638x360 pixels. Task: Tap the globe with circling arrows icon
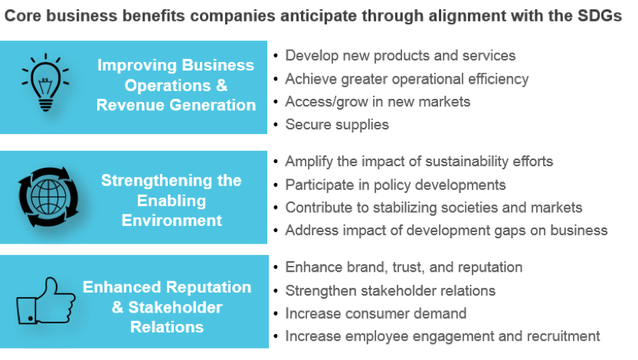(x=48, y=197)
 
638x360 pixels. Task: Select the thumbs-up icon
(x=46, y=301)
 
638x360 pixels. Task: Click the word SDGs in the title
(x=600, y=16)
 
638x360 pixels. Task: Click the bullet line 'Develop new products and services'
(x=401, y=55)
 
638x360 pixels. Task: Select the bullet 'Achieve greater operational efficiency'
(x=407, y=79)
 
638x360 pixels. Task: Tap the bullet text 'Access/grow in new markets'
(x=378, y=102)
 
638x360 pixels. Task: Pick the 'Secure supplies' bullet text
(x=337, y=125)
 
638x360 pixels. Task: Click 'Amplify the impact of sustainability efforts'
(x=419, y=162)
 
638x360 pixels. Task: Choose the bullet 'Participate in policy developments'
(x=395, y=185)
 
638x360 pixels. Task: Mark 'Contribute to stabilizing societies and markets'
(x=434, y=208)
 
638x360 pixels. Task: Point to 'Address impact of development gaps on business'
(x=447, y=231)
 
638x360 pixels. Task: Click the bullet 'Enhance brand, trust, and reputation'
(x=404, y=267)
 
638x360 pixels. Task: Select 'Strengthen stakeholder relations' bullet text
(x=390, y=291)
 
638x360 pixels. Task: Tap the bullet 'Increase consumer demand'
(x=375, y=313)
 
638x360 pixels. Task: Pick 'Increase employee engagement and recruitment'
(x=443, y=336)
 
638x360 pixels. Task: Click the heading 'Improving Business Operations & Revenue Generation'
(x=176, y=85)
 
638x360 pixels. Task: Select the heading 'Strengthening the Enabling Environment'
(x=172, y=201)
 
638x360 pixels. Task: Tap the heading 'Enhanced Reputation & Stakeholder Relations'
(x=167, y=307)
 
